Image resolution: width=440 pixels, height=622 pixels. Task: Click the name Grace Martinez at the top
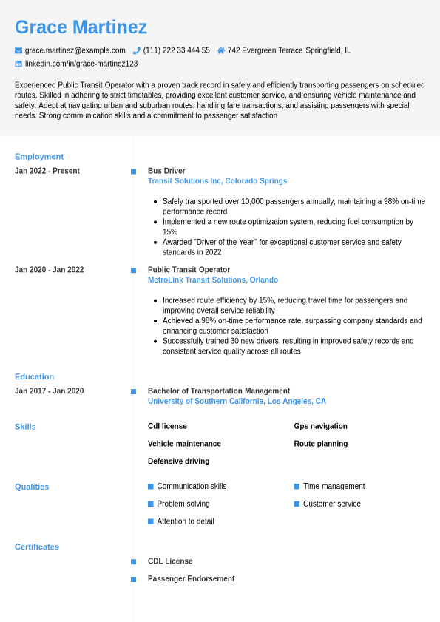[81, 27]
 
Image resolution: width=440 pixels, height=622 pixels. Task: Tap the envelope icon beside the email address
[18, 50]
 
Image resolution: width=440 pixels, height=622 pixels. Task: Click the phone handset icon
[137, 50]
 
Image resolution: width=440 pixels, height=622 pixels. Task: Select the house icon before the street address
[220, 50]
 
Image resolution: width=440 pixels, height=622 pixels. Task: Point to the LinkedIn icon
[18, 64]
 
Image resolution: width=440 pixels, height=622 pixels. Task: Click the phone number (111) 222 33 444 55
[176, 50]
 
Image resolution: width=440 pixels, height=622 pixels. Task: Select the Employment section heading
[39, 157]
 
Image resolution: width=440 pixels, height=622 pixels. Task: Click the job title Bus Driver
[166, 171]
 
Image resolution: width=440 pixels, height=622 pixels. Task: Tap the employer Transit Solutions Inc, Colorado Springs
[217, 181]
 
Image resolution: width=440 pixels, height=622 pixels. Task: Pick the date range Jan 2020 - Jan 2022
[50, 270]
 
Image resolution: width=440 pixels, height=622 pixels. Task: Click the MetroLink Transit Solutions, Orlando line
[213, 280]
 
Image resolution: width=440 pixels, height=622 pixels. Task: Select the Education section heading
[34, 376]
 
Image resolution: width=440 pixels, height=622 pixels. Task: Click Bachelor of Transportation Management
[219, 391]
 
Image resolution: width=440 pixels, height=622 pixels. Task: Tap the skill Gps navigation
[320, 426]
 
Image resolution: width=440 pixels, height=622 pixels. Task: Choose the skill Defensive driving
[178, 462]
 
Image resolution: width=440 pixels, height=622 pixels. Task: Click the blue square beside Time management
[297, 487]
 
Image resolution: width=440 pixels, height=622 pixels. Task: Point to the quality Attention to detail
[186, 521]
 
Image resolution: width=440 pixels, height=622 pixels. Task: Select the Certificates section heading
[37, 547]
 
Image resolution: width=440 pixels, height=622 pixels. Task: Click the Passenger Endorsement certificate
[191, 579]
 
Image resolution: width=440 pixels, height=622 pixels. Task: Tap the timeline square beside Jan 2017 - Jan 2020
[133, 391]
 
